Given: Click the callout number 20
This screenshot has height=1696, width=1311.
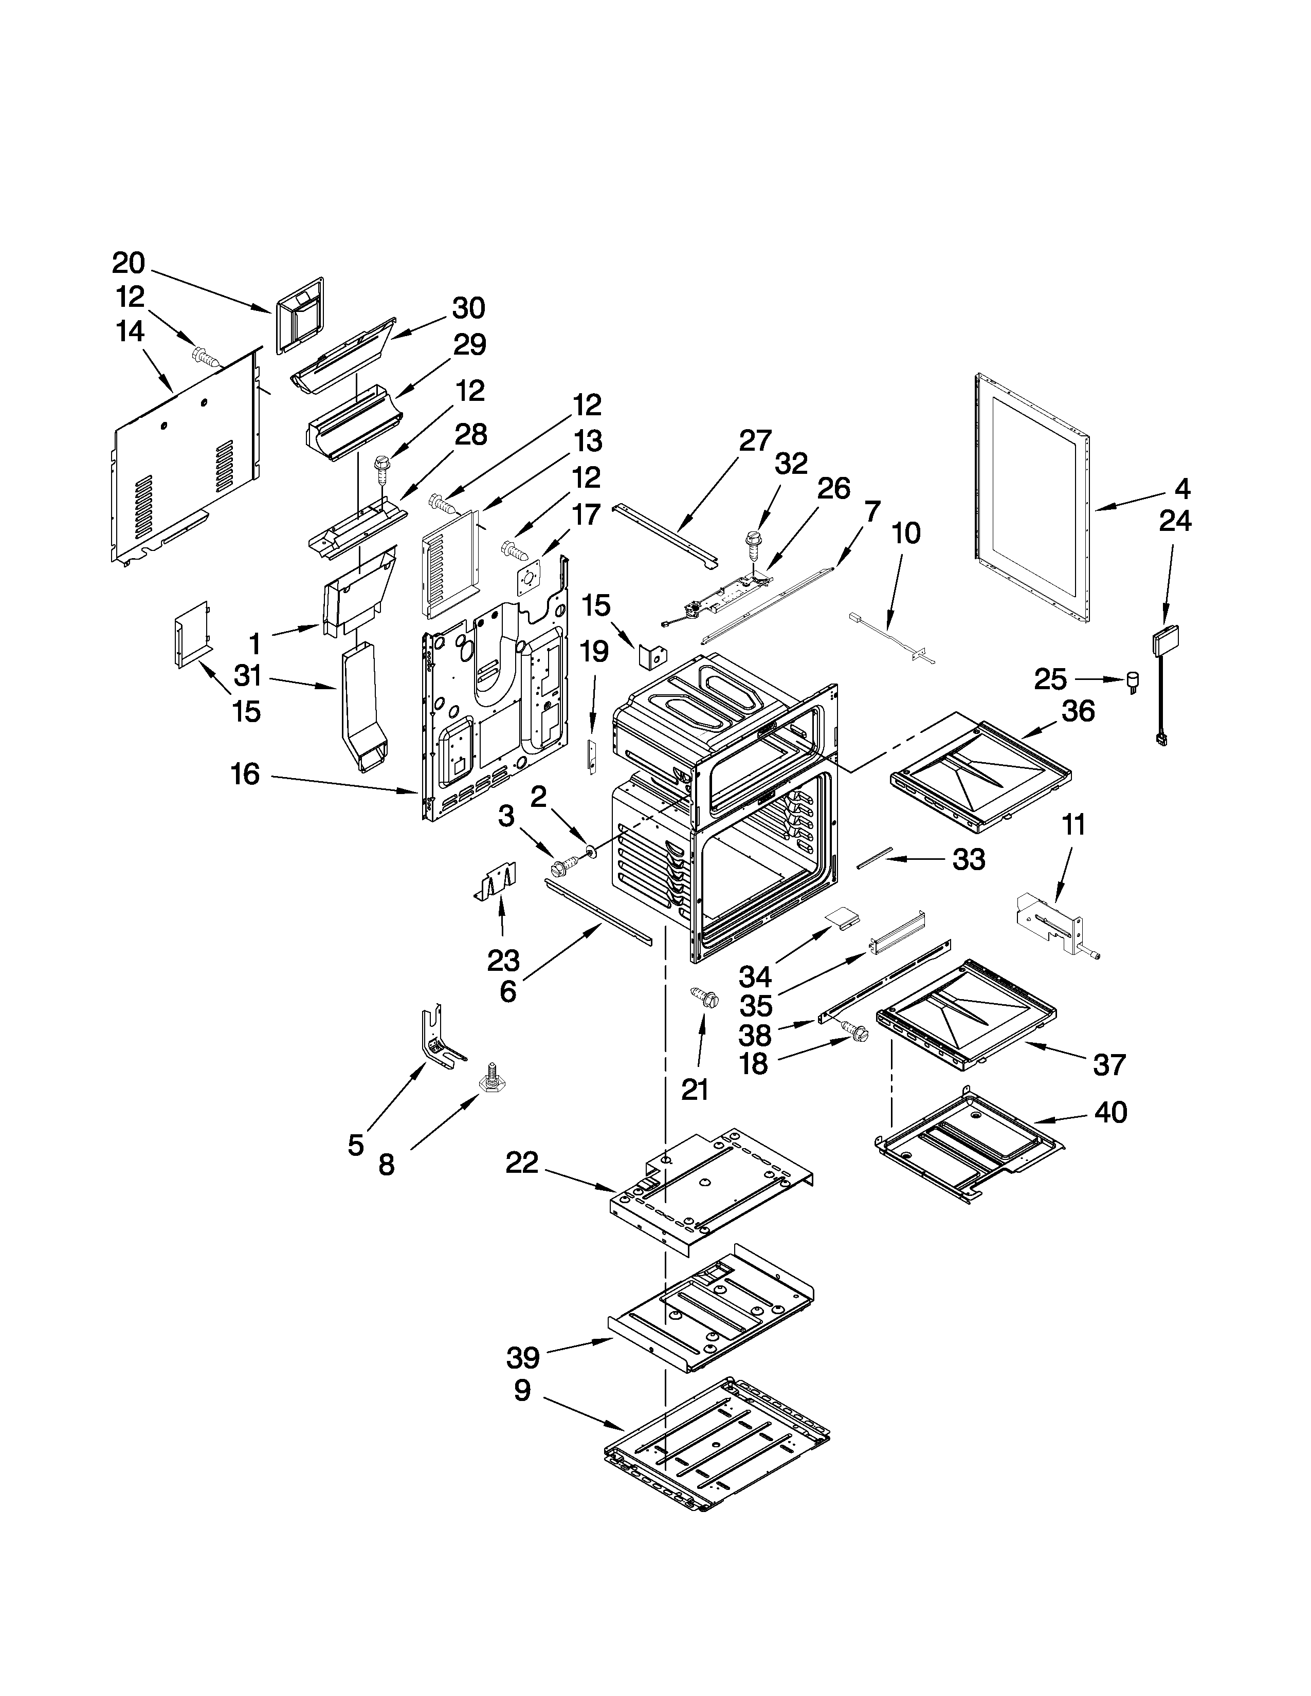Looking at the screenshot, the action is click(x=128, y=263).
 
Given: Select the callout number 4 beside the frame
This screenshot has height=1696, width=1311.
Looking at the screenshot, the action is click(x=1181, y=488).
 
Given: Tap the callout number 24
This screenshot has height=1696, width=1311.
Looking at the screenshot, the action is click(x=1175, y=520).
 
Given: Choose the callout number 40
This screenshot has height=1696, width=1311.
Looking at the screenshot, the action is click(x=1110, y=1113).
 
